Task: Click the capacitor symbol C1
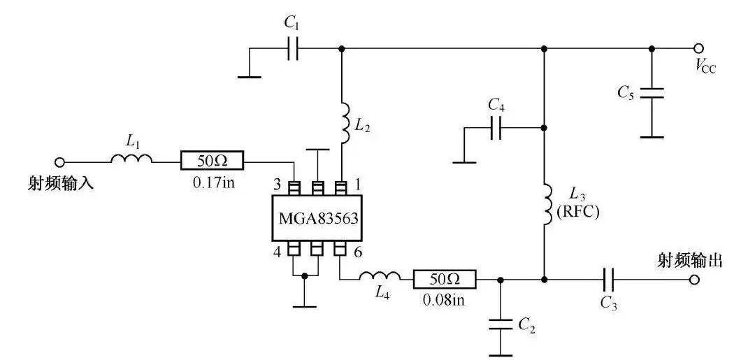pyautogui.click(x=292, y=49)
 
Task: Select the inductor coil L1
pyautogui.click(x=131, y=160)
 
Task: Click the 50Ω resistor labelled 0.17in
pyautogui.click(x=212, y=161)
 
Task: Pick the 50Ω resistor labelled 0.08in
pyautogui.click(x=445, y=280)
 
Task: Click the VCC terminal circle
pyautogui.click(x=698, y=48)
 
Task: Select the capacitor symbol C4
pyautogui.click(x=496, y=128)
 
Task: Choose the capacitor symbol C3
pyautogui.click(x=608, y=280)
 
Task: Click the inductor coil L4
pyautogui.click(x=380, y=278)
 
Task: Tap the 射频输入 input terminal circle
pyautogui.click(x=60, y=161)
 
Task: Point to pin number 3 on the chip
pyautogui.click(x=277, y=185)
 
